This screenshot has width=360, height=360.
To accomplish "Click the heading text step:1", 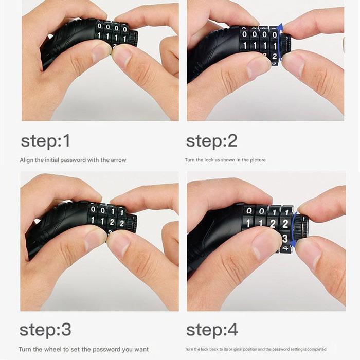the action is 45,141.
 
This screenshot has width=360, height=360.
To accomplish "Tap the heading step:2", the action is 212,141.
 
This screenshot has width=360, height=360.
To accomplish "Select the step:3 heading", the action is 45,330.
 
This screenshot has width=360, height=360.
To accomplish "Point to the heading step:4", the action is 212,330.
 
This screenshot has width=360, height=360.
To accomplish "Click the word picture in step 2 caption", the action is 258,160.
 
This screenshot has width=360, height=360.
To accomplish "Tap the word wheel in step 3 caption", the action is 52,349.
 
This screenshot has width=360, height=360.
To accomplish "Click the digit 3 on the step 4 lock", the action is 285,239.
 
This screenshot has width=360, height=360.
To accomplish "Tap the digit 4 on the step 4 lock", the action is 285,248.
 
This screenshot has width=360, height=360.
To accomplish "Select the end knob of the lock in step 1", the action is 133,39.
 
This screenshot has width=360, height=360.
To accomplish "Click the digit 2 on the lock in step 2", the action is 274,56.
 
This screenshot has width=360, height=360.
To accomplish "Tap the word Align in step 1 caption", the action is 27,160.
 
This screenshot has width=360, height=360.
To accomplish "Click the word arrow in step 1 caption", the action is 118,160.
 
